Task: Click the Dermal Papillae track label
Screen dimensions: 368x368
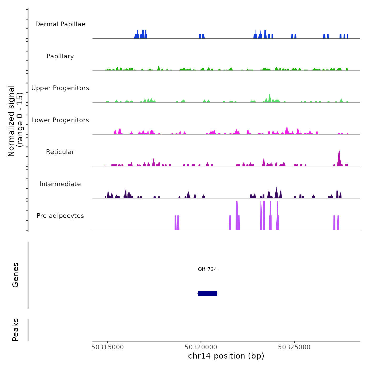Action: (x=60, y=24)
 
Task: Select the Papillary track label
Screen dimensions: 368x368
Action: (x=60, y=56)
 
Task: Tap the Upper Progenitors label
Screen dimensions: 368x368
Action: (x=60, y=88)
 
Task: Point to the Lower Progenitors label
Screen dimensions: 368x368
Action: (x=60, y=120)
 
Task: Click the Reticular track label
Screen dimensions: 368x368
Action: (x=60, y=152)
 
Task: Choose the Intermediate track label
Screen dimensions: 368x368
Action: (x=60, y=184)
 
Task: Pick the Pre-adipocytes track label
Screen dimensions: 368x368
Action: (x=60, y=216)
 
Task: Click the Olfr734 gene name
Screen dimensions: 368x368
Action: (x=207, y=269)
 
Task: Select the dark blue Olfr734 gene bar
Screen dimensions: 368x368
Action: (x=207, y=293)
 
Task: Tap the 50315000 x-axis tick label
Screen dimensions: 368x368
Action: (x=108, y=347)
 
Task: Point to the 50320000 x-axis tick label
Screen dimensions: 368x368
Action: (x=201, y=347)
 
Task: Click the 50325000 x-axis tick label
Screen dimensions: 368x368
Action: (x=294, y=347)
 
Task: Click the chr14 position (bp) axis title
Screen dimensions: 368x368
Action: (x=226, y=356)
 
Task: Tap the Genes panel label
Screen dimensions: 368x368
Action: (x=16, y=275)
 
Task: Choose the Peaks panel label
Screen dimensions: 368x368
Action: (x=16, y=330)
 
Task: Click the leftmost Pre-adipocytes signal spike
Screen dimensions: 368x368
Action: (x=175, y=222)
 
